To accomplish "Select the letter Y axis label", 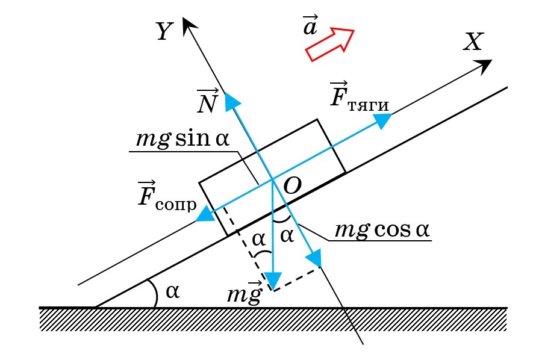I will pyautogui.click(x=164, y=31).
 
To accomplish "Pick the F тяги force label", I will pyautogui.click(x=359, y=96).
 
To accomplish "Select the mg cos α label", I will pyautogui.click(x=384, y=230).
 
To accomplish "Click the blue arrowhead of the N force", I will pyautogui.click(x=230, y=101).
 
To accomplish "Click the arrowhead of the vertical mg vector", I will pyautogui.click(x=274, y=281).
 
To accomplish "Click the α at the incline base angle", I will pyautogui.click(x=172, y=291).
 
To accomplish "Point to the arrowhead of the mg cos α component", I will pyautogui.click(x=314, y=259).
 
